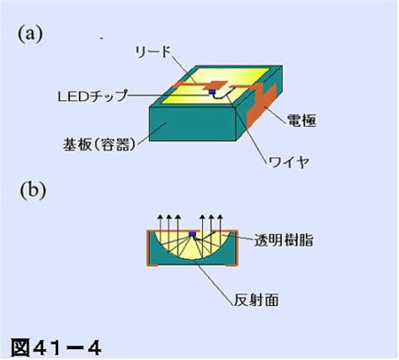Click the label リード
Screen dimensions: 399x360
point(152,51)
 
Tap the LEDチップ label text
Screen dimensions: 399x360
point(93,96)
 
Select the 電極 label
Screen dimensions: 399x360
point(301,120)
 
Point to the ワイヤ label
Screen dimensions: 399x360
point(289,161)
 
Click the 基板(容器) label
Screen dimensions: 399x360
point(99,145)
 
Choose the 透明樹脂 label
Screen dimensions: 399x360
point(284,241)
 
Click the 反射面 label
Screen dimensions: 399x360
point(257,300)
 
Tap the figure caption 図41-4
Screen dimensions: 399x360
point(56,348)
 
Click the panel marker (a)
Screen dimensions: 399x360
point(30,34)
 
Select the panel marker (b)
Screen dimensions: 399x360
point(33,190)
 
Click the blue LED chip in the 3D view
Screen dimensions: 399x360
point(212,92)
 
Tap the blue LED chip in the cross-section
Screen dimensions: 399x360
point(192,234)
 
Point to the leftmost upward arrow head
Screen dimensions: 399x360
point(160,217)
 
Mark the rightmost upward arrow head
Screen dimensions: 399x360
point(220,217)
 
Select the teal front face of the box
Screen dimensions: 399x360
point(192,124)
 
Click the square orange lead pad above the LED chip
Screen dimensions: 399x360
point(216,85)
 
